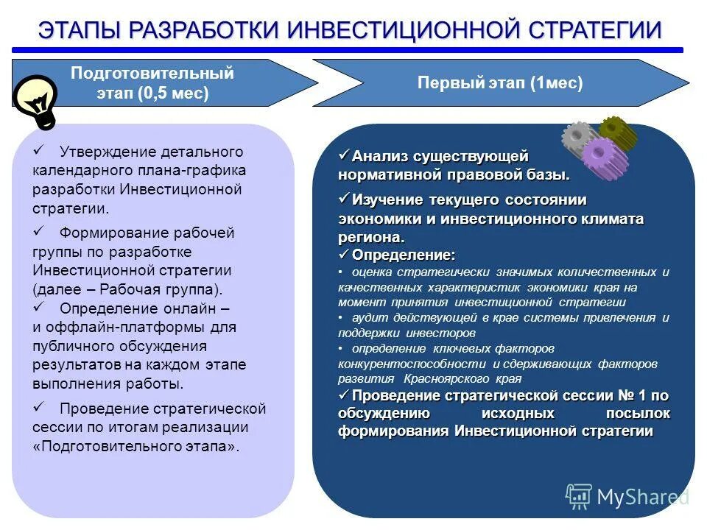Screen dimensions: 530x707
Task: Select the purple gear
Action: click(x=603, y=158)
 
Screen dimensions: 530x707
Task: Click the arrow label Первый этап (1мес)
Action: click(x=500, y=83)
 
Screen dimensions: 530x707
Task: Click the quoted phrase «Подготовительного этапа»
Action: click(x=136, y=446)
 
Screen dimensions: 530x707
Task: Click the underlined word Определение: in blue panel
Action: click(x=404, y=255)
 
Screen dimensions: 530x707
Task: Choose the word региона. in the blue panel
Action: click(x=371, y=238)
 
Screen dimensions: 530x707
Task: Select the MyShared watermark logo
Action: click(x=626, y=497)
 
